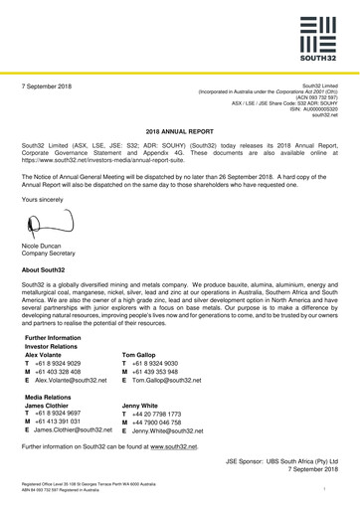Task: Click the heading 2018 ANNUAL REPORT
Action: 180,131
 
